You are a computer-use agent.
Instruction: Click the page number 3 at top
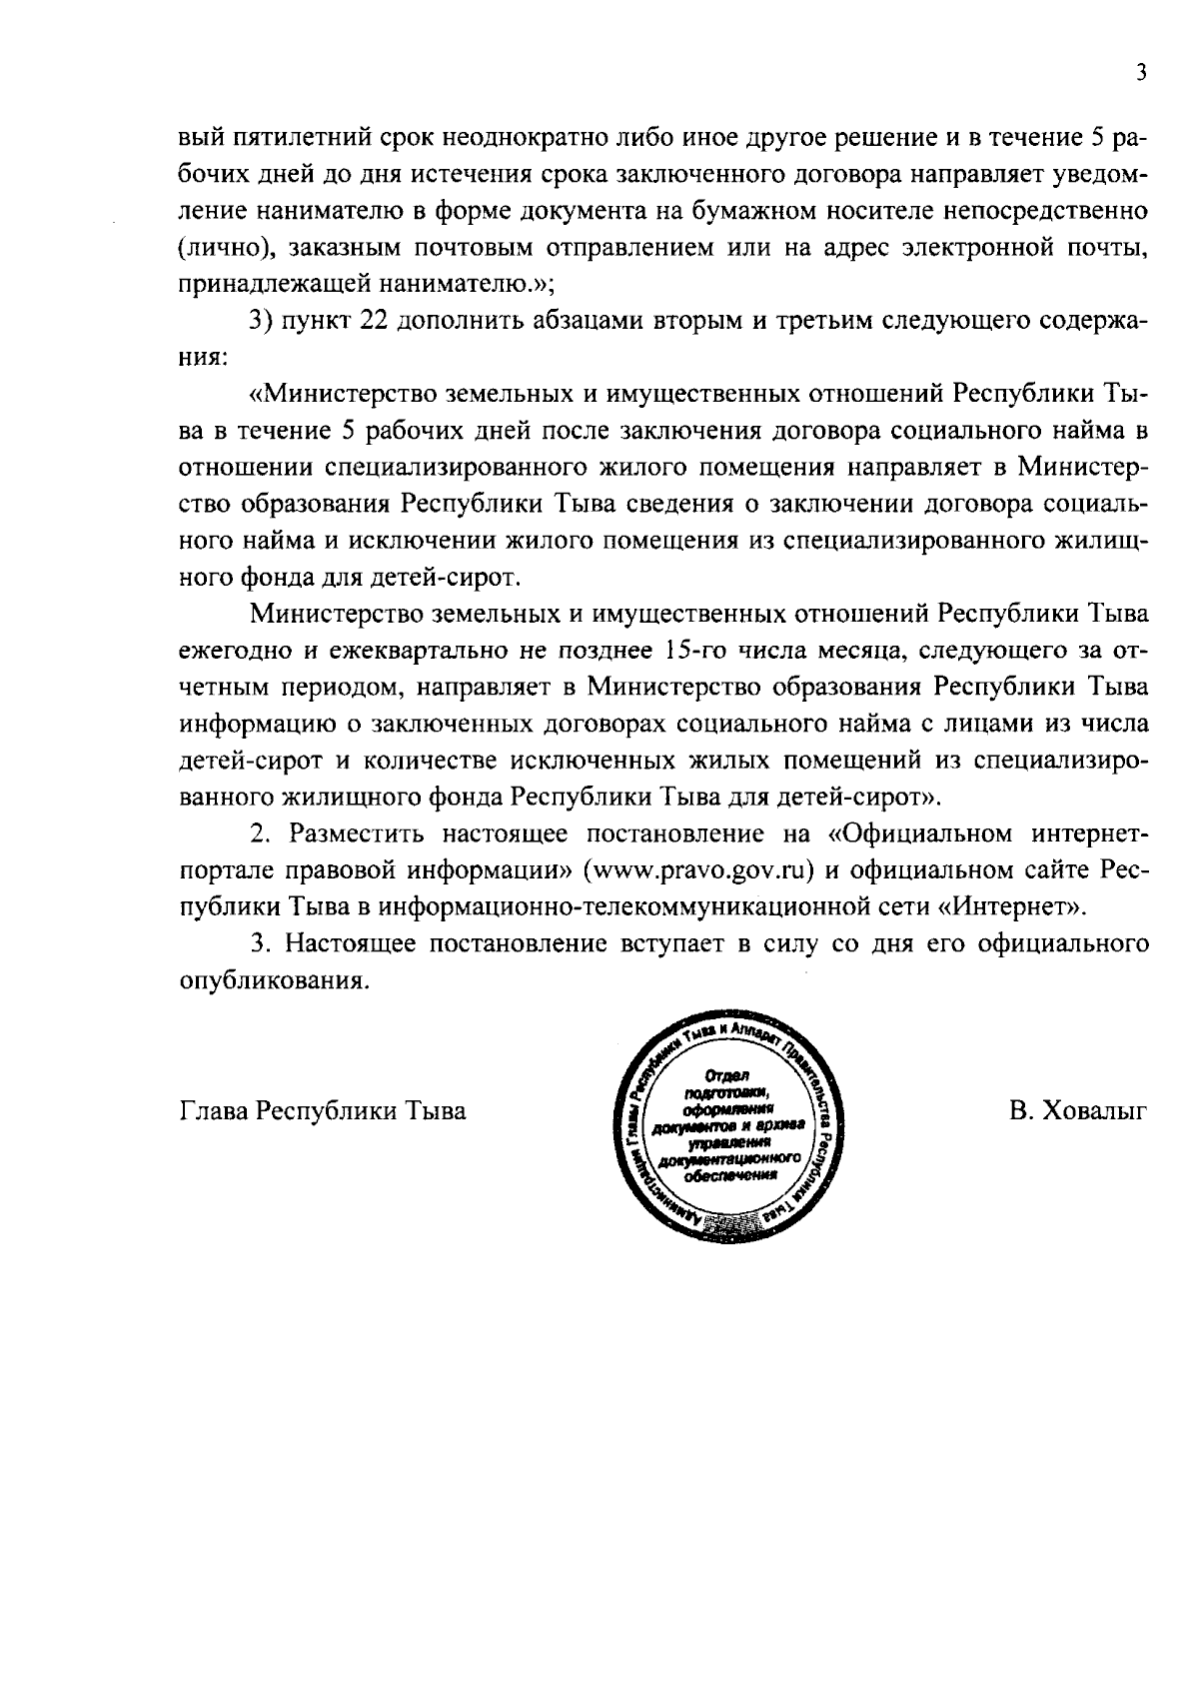coord(1140,73)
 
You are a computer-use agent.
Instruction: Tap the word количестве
coord(427,762)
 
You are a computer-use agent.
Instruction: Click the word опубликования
coord(268,981)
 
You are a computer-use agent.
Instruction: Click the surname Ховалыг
coord(1093,1112)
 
